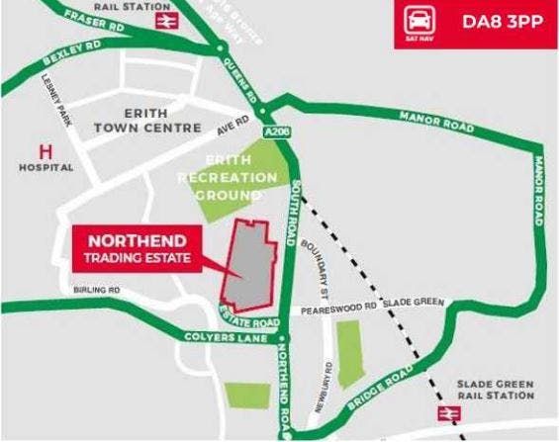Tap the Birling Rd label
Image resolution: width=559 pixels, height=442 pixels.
97,291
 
